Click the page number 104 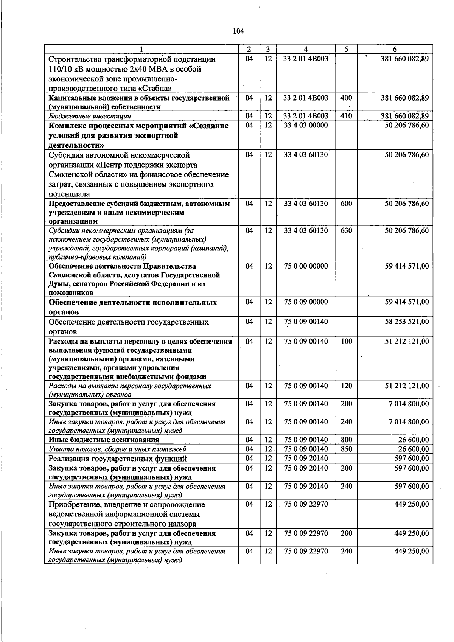coord(239,31)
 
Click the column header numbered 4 coord(306,49)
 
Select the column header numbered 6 coord(395,49)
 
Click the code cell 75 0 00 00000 coord(306,266)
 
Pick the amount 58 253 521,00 coord(407,322)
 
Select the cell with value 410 coord(346,116)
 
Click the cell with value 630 coord(346,230)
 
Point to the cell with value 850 coord(346,449)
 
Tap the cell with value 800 coord(346,440)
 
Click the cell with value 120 coord(346,386)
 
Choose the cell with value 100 coord(346,341)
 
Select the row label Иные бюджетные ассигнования coord(104,440)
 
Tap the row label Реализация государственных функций coord(118,459)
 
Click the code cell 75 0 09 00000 coord(306,302)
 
